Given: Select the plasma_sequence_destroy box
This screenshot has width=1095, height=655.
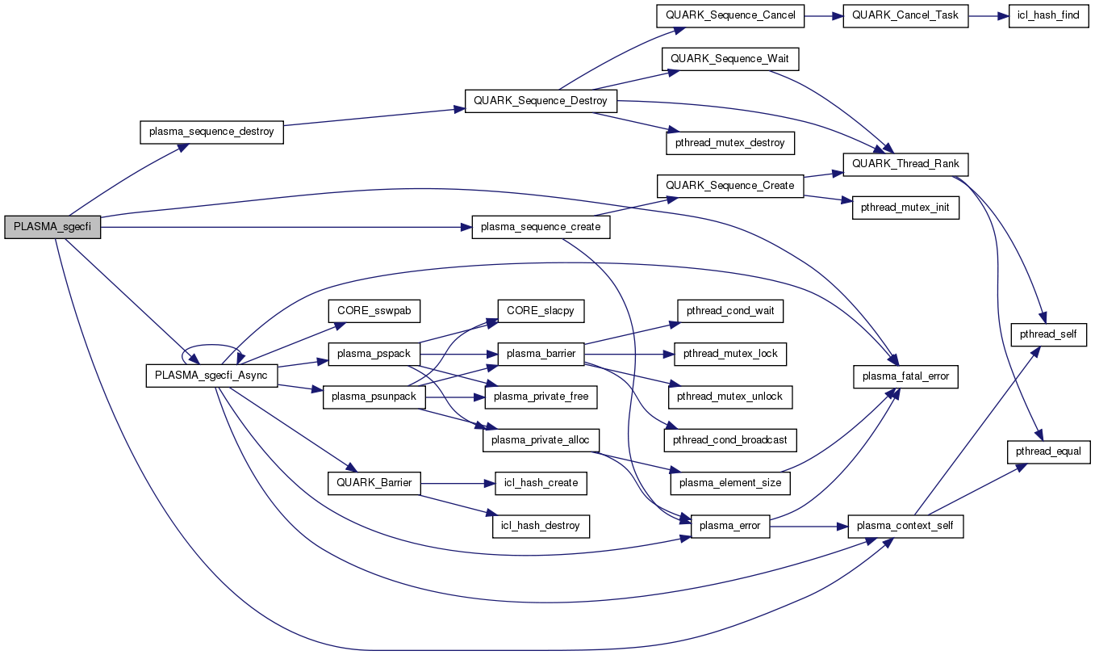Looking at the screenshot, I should pos(211,132).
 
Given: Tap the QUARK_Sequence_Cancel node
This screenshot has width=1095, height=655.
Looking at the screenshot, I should pos(729,15).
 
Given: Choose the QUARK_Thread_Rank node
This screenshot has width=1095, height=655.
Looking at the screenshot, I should pos(905,164).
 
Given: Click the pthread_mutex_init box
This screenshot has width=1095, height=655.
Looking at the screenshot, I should pos(905,208).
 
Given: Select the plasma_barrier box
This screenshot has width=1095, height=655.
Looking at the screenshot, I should pos(540,354).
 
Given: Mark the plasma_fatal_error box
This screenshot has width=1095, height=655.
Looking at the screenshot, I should pos(907,376).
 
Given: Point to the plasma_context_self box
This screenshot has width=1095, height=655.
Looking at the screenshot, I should pos(905,526).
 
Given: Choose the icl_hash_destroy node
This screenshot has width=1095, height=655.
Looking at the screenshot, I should pos(541,526).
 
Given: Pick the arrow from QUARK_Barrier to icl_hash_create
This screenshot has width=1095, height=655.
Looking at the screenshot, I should pos(456,483).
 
